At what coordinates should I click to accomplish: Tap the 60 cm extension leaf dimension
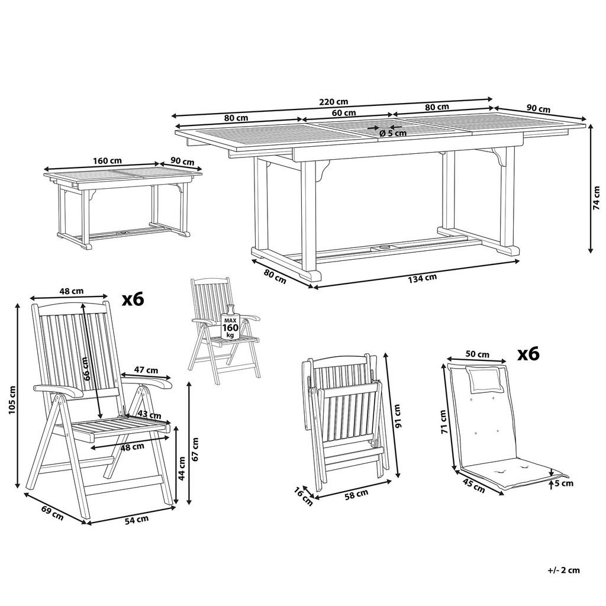click(x=344, y=112)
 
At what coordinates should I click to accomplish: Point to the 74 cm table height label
click(x=597, y=198)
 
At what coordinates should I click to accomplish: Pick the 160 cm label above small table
click(x=107, y=160)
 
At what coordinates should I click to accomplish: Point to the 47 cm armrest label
click(x=146, y=370)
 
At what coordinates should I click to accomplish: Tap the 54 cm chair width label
click(x=136, y=520)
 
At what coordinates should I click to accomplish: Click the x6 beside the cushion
click(x=528, y=353)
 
